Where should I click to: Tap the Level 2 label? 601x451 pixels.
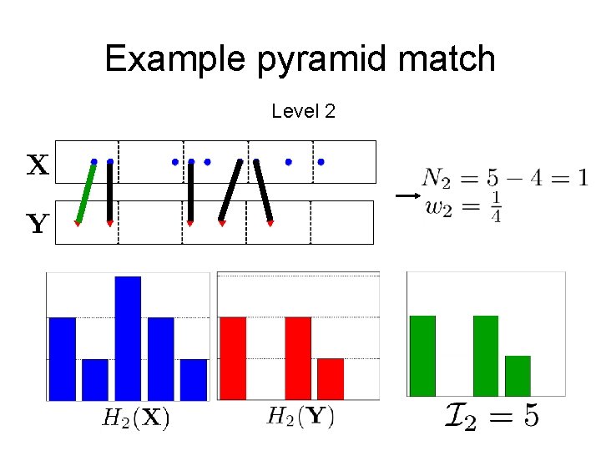pyautogui.click(x=303, y=111)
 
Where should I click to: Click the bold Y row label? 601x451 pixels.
pyautogui.click(x=37, y=224)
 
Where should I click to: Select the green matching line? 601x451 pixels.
pyautogui.click(x=85, y=193)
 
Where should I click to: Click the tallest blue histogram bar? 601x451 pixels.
pyautogui.click(x=128, y=337)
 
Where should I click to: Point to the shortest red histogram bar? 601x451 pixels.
pyautogui.click(x=331, y=378)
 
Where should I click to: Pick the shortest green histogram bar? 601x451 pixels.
pyautogui.click(x=518, y=375)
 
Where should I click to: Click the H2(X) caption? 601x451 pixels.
pyautogui.click(x=135, y=418)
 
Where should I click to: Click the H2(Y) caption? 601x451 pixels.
pyautogui.click(x=300, y=416)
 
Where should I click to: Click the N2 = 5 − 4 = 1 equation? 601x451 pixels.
pyautogui.click(x=504, y=177)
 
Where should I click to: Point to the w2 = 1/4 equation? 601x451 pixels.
pyautogui.click(x=462, y=206)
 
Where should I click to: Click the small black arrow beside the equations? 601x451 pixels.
pyautogui.click(x=406, y=195)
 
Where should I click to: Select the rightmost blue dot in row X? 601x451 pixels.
pyautogui.click(x=321, y=161)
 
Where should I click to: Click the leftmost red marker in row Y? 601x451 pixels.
pyautogui.click(x=77, y=224)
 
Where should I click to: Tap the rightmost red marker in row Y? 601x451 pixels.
pyautogui.click(x=270, y=224)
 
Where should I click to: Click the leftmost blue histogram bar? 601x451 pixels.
pyautogui.click(x=62, y=358)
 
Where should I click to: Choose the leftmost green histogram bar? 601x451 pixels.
pyautogui.click(x=422, y=355)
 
